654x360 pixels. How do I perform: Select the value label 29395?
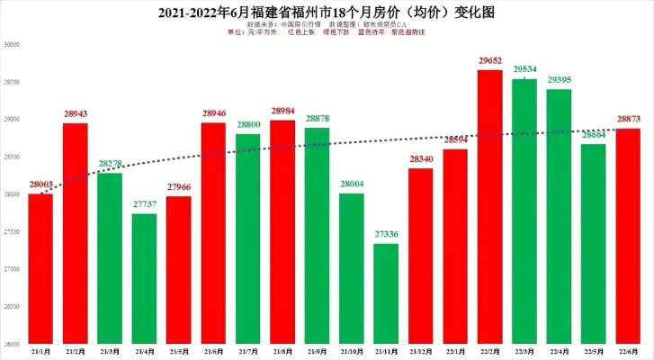coord(560,79)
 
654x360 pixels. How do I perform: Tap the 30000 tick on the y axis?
coord(13,45)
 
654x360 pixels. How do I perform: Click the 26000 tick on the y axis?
coord(13,343)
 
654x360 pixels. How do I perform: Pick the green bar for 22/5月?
coord(594,243)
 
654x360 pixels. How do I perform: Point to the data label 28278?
coord(110,163)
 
